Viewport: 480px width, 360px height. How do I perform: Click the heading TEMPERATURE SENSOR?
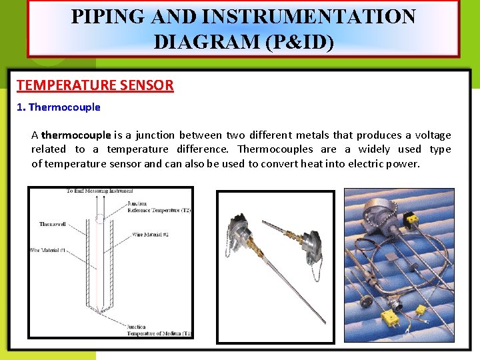95,85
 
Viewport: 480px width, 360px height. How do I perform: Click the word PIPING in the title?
107,17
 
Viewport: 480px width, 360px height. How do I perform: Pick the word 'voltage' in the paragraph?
433,135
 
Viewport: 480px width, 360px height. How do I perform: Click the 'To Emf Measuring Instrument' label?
99,191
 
